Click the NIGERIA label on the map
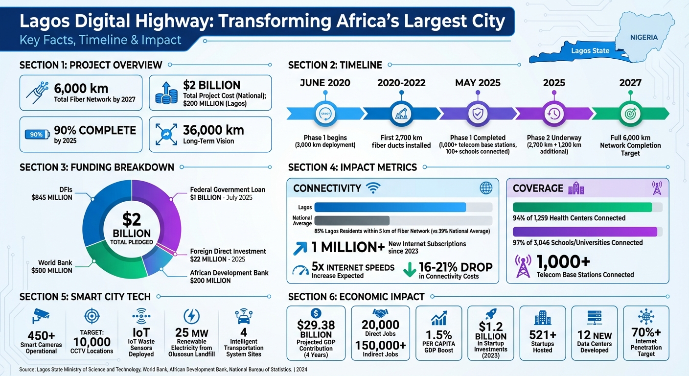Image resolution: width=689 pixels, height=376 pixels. pos(643,37)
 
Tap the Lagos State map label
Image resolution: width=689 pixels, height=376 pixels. pos(590,50)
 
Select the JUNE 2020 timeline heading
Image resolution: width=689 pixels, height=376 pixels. pos(325,83)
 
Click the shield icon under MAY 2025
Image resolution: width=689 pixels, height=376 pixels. pos(477,113)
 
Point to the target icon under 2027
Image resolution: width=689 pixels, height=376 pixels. pos(630,113)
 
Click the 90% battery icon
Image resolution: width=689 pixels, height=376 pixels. pos(37,134)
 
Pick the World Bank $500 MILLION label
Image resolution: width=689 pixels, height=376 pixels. pos(52,266)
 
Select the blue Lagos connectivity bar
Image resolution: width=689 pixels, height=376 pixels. pos(390,207)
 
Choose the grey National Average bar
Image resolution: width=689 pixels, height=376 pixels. pos(352,220)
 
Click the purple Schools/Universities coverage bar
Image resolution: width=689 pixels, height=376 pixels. pos(584,232)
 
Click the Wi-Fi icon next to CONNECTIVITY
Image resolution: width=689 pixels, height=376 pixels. pos(373,188)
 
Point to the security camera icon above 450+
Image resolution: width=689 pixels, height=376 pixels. pos(40,316)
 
